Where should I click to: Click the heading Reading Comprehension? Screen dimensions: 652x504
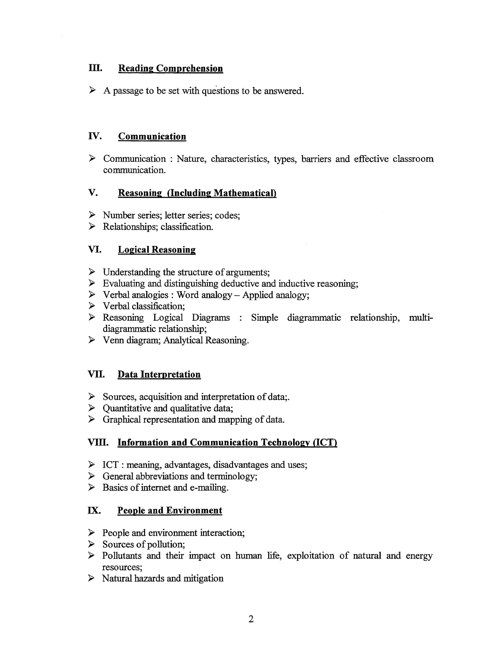171,68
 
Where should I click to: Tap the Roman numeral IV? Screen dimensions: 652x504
95,136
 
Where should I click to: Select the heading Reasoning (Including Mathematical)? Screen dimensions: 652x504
197,193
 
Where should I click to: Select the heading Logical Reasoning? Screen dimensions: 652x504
157,249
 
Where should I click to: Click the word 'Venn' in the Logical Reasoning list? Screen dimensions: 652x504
113,340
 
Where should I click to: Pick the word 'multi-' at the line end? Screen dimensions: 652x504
420,317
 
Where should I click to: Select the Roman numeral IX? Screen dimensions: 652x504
94,511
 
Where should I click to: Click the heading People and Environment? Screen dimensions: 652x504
170,511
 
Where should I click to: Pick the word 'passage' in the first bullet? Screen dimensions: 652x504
128,91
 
